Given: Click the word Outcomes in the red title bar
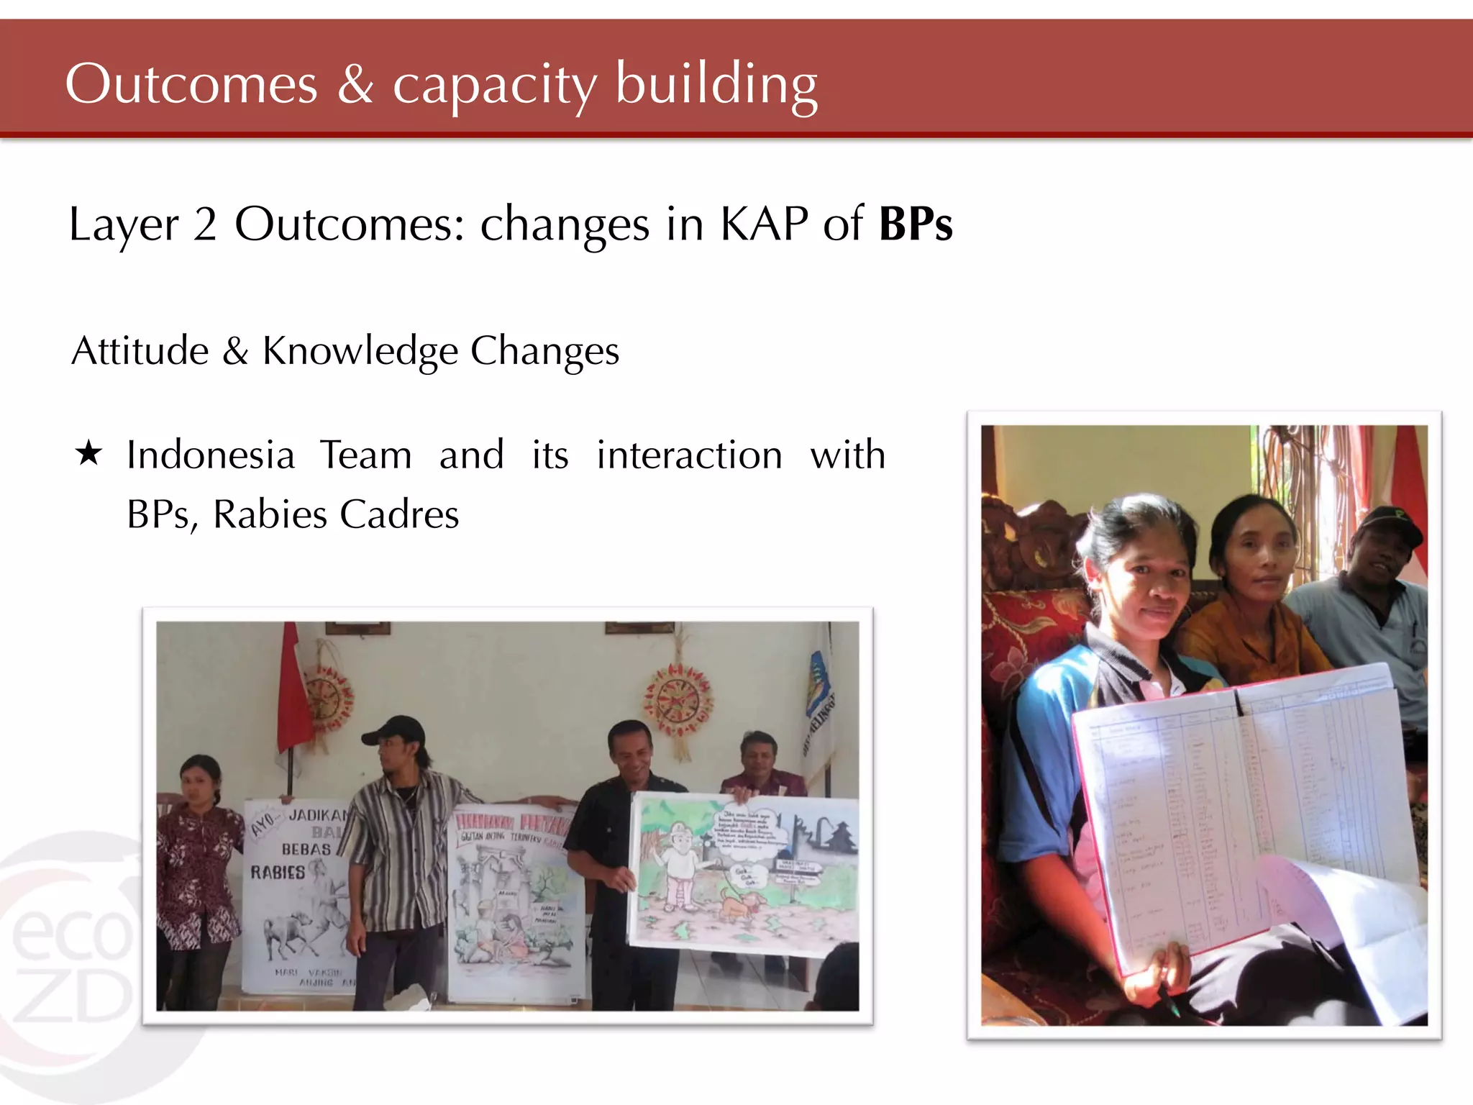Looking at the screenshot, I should tap(191, 84).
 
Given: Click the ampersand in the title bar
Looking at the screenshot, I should tap(355, 84).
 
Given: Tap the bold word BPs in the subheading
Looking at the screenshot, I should tap(916, 224).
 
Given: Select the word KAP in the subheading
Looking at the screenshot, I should tap(764, 224).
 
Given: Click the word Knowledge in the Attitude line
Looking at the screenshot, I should tap(360, 351).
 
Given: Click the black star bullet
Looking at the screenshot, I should tap(88, 454).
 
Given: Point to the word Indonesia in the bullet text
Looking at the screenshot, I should tap(211, 455).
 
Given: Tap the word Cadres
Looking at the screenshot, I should tap(399, 514).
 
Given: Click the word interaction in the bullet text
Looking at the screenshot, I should tap(689, 455).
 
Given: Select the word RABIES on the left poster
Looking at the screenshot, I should tap(278, 873).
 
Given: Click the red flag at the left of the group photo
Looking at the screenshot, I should tap(293, 691).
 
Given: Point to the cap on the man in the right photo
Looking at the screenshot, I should tap(1392, 522).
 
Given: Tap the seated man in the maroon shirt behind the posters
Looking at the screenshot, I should tap(759, 766).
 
